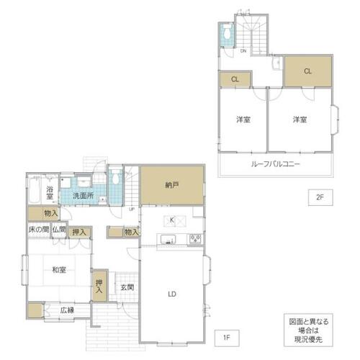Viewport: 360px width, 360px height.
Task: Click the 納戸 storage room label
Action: tap(172, 185)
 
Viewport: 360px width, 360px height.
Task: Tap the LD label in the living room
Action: tap(172, 294)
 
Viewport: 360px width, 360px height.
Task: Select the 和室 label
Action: tap(59, 270)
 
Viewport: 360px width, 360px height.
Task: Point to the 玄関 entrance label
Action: tap(127, 287)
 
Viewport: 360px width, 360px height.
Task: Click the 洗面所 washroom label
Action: tap(83, 196)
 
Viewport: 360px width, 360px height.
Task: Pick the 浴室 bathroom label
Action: tap(50, 193)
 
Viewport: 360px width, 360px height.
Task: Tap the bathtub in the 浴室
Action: tap(34, 189)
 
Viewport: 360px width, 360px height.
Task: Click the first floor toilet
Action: tap(115, 176)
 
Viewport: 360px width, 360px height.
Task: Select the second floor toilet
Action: tap(227, 31)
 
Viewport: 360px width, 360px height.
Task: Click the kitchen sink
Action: tap(168, 239)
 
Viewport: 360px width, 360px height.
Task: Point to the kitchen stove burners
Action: tap(195, 239)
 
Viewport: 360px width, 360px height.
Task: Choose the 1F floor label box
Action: tap(227, 338)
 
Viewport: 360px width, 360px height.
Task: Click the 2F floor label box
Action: tap(320, 197)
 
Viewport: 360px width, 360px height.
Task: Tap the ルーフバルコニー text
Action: tap(275, 164)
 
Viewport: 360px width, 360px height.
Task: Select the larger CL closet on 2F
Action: tap(308, 71)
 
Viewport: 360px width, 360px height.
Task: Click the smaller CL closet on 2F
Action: tap(235, 79)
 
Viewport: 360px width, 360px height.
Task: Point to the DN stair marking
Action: tap(243, 51)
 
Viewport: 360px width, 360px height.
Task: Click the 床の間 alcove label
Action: tap(39, 230)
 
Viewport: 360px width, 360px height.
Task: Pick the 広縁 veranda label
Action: tap(67, 310)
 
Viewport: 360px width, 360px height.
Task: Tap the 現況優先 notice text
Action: tap(308, 340)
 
